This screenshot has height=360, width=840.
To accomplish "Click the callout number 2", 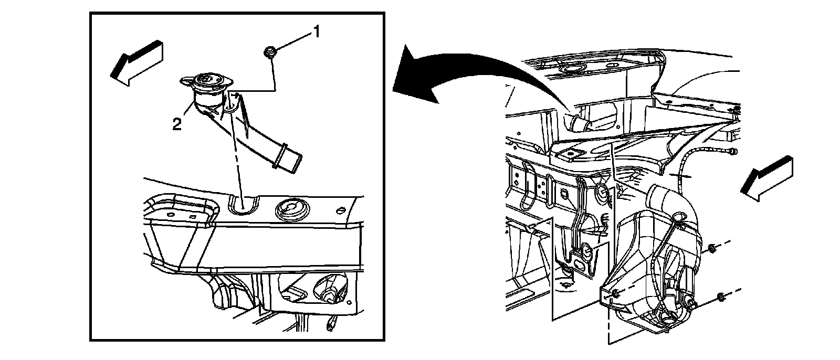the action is (x=177, y=124).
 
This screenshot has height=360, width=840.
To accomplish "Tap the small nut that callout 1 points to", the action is (x=270, y=51).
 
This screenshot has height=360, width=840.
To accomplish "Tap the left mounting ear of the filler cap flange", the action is (x=186, y=81).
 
